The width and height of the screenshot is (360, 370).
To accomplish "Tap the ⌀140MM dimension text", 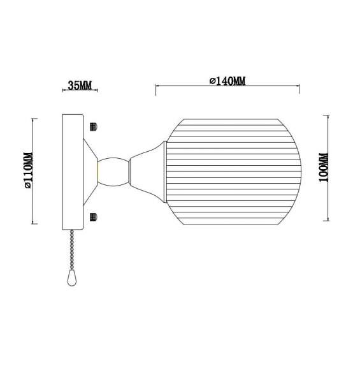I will click(x=227, y=81).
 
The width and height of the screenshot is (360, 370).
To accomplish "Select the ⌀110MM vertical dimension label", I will click(x=27, y=170).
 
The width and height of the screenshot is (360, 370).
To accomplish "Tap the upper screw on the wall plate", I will click(x=94, y=125).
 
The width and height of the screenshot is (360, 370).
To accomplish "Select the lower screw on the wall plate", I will click(x=94, y=217).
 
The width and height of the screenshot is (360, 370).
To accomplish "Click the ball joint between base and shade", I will click(x=112, y=171).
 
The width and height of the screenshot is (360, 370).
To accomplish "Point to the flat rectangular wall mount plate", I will click(x=72, y=170).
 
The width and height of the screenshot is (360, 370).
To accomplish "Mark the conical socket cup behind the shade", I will click(x=147, y=170).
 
